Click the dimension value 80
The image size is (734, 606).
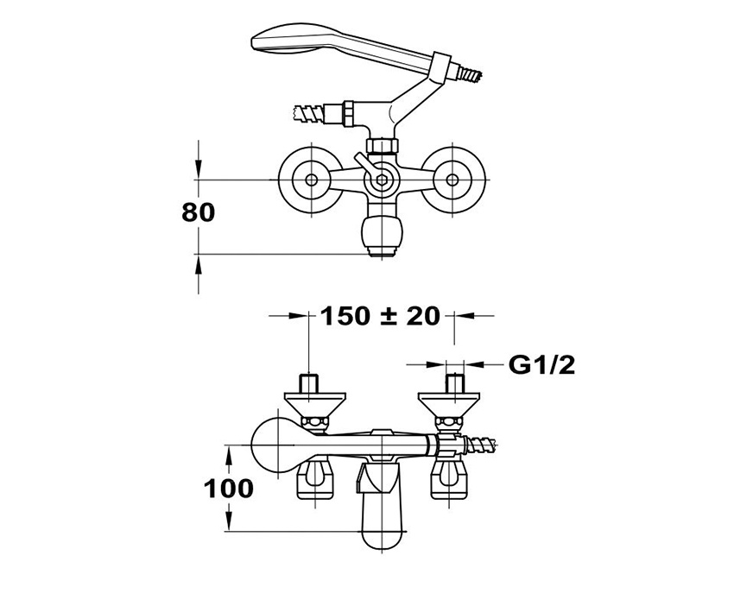pos(198,212)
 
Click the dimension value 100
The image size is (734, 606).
pos(229,489)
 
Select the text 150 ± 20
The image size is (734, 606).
pos(380,316)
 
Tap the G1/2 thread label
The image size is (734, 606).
pos(541,365)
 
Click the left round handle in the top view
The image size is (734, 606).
pos(309,179)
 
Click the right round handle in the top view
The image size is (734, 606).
pos(452,179)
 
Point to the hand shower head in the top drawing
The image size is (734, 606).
pos(298,42)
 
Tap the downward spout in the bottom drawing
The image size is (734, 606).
pos(381,509)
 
